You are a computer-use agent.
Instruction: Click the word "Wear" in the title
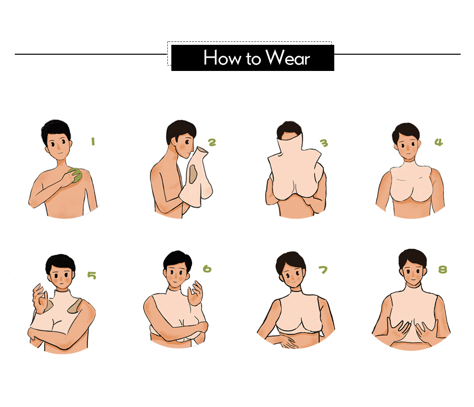pos(288,58)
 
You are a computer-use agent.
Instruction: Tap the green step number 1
pos(92,142)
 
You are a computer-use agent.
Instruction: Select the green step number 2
pos(212,142)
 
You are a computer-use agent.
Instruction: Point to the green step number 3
pos(324,143)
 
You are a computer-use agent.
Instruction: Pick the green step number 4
pos(438,142)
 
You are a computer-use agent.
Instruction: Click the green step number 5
pos(92,275)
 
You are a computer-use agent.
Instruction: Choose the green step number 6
pos(207,269)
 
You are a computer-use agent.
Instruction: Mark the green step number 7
pos(323,270)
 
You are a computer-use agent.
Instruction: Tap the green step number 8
pos(442,270)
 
